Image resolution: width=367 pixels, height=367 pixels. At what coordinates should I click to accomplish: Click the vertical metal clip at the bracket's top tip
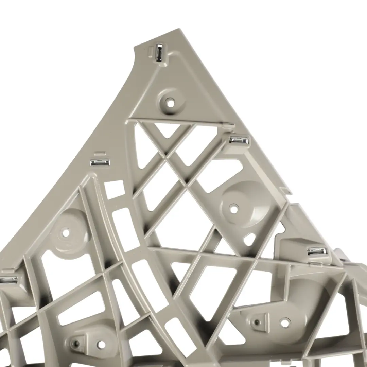coord(159,53)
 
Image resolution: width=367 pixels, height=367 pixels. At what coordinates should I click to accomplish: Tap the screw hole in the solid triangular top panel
coord(170,101)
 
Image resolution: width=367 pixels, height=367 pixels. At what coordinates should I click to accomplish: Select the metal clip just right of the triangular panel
coord(239,140)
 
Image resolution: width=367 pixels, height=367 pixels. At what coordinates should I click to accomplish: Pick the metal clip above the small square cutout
coord(100,162)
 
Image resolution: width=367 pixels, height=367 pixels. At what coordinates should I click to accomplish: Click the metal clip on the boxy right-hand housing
coord(317,251)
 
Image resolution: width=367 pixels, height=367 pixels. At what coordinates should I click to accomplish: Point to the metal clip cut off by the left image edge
coord(8,280)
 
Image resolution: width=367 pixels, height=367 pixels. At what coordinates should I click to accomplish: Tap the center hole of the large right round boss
coord(234,209)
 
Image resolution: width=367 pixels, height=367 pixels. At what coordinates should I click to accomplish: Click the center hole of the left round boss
coord(66,233)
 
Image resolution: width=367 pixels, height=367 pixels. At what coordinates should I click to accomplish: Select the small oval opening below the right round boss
coord(249,240)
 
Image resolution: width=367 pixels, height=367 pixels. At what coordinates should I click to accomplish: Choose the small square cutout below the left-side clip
coord(114,189)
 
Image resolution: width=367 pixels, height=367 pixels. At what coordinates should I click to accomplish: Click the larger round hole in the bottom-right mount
coord(285,322)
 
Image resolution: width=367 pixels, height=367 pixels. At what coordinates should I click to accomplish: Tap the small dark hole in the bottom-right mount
coord(257,321)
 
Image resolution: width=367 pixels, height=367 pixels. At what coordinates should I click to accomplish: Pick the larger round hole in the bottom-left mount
coord(101,344)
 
